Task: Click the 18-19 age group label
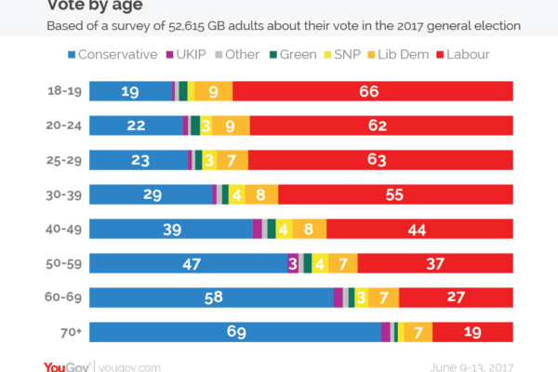[60, 91]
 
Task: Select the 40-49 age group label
[59, 229]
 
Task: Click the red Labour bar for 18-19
[372, 91]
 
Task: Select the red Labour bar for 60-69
[456, 298]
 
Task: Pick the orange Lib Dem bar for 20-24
[231, 126]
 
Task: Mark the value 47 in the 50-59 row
[192, 263]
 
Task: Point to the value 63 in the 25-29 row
[377, 160]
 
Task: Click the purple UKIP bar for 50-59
[293, 263]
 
